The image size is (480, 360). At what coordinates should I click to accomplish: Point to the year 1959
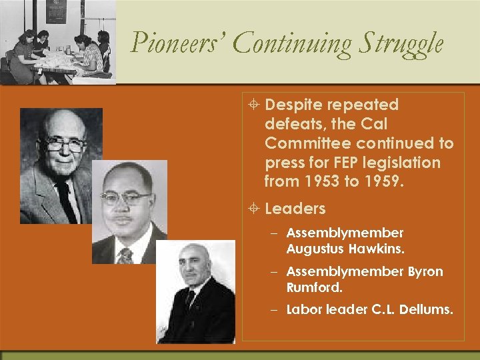381,181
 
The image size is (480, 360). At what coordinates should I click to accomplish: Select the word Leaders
295,209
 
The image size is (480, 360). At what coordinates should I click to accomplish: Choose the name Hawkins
378,249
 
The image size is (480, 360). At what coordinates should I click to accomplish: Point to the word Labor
303,310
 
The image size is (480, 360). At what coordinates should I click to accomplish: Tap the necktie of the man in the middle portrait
125,255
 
